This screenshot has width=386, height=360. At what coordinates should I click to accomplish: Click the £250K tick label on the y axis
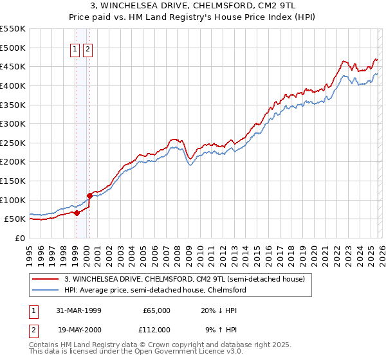click(x=13, y=143)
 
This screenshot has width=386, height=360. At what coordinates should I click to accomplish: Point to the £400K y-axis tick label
click(x=13, y=85)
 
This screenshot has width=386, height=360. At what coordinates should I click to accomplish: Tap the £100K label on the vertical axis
click(x=13, y=200)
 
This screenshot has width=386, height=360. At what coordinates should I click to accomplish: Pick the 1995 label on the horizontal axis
click(x=30, y=251)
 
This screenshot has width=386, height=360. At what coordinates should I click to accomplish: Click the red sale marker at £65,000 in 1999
click(x=77, y=213)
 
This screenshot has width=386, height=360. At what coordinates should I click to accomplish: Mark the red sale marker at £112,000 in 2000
click(x=89, y=195)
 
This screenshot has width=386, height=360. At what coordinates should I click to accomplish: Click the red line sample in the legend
click(x=46, y=279)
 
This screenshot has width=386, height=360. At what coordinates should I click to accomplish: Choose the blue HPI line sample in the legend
click(x=46, y=290)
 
